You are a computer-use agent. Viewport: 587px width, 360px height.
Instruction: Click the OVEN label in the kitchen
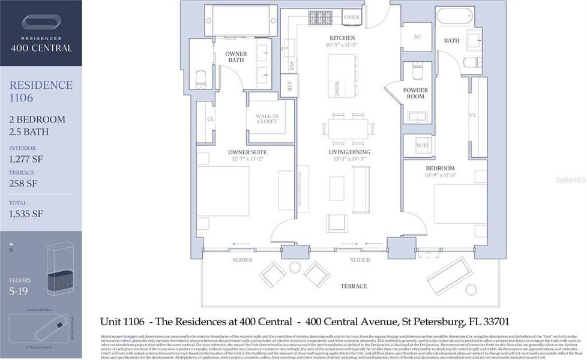coord(352,17)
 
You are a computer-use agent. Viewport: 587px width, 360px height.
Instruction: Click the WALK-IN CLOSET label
coord(266,118)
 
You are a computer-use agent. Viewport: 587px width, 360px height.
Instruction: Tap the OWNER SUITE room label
coord(247,152)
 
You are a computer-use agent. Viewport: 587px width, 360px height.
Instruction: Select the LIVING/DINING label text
coord(349,152)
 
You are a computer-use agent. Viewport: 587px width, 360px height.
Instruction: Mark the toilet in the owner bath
coord(201,78)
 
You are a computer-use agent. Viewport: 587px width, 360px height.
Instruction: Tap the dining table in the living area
coord(348,128)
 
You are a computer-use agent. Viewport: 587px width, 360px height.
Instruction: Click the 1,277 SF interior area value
coord(26,159)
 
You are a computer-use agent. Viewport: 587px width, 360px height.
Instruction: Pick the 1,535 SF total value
coord(26,214)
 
